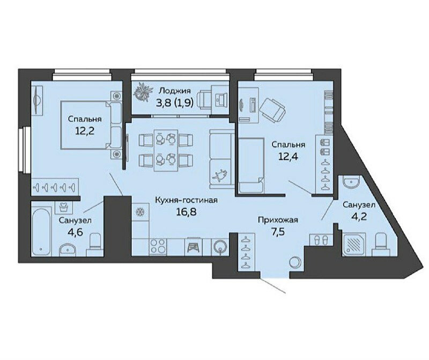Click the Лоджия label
pyautogui.click(x=175, y=91)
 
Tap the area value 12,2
pyautogui.click(x=85, y=131)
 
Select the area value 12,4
pyautogui.click(x=288, y=156)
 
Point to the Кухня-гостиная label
pyautogui.click(x=186, y=201)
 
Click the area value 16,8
pyautogui.click(x=186, y=211)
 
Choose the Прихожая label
pyautogui.click(x=278, y=220)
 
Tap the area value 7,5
pyautogui.click(x=278, y=232)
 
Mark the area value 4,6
pyautogui.click(x=75, y=233)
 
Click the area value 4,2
pyautogui.click(x=359, y=217)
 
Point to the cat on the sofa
pyautogui.click(x=220, y=175)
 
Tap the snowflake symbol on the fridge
pyautogui.click(x=140, y=212)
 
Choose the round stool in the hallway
pyautogui.click(x=295, y=262)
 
